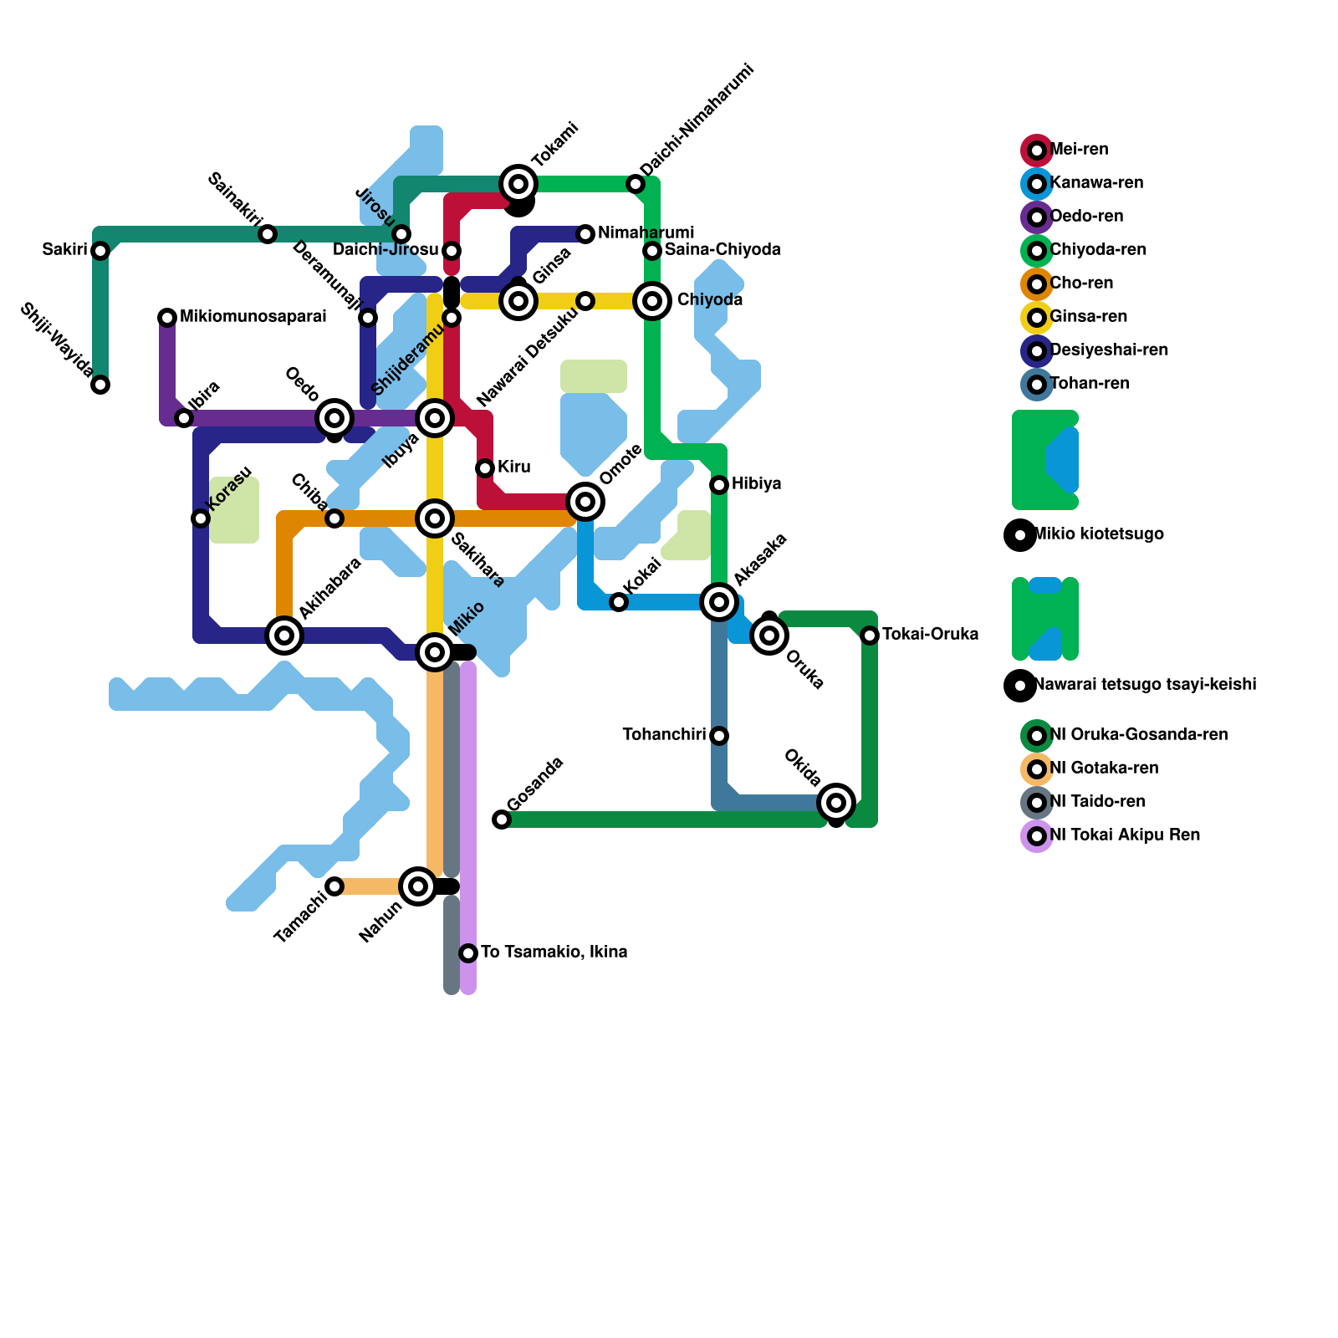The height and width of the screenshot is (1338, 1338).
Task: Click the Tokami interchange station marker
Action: [x=518, y=184]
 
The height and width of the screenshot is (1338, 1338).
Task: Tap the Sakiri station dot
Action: [x=100, y=251]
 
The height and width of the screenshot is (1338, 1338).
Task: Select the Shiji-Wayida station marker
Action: [x=100, y=385]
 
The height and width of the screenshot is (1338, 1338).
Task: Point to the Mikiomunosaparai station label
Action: [x=253, y=317]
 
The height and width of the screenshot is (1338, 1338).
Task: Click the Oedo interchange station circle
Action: [x=334, y=418]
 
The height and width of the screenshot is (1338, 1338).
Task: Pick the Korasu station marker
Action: [x=201, y=518]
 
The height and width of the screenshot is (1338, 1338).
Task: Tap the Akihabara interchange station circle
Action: [x=284, y=636]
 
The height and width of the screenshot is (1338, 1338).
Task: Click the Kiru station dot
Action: [x=485, y=468]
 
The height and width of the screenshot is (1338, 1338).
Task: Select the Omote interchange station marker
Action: [x=585, y=502]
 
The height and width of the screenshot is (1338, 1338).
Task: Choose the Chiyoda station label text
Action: [x=710, y=300]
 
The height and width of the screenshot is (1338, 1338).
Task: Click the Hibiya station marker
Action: [x=719, y=485]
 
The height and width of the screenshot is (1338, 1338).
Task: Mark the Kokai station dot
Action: [x=619, y=602]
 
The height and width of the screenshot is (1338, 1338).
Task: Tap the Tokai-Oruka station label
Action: [x=930, y=635]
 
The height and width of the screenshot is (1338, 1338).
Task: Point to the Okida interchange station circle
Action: [x=836, y=803]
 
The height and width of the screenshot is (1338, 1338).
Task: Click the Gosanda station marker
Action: [x=502, y=820]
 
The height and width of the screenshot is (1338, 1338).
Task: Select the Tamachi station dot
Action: [x=334, y=886]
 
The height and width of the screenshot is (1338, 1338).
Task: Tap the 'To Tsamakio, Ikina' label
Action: [x=554, y=952]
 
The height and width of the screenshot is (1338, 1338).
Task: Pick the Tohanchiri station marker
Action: [x=719, y=736]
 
